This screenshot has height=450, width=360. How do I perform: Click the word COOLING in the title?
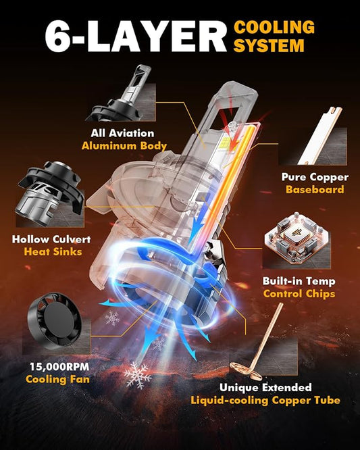coord(274,27)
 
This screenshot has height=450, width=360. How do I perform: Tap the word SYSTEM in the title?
coord(269,45)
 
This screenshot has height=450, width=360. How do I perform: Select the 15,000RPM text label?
coord(59,366)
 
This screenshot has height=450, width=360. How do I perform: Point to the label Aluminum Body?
coord(124,146)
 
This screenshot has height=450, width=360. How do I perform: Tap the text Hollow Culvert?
coord(51,239)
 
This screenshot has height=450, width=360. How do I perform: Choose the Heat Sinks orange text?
coord(53,252)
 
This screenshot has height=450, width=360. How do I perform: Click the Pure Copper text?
coord(315,177)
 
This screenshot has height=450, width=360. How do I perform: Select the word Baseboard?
coord(315,189)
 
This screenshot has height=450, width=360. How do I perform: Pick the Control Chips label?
coord(299,294)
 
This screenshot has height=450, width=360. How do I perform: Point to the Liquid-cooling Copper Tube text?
coord(265,400)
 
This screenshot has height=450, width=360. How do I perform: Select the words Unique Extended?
coord(265,387)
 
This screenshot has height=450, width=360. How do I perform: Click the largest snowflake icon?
coord(138,375)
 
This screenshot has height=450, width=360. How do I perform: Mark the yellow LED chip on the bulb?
coord(224,143)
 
